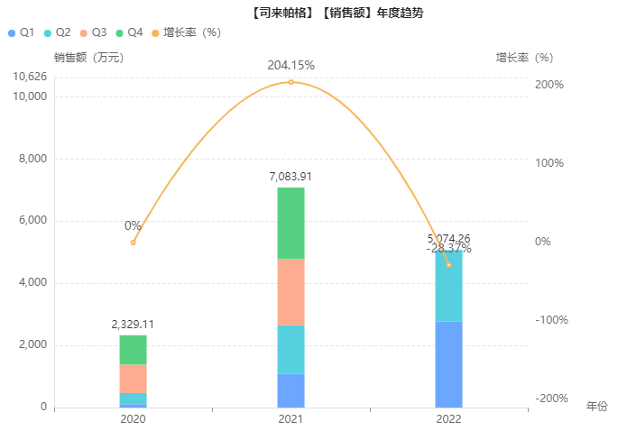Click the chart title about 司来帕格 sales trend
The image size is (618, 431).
point(337,14)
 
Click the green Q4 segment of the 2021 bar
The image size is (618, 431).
point(291,223)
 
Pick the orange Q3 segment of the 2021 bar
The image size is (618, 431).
point(291,292)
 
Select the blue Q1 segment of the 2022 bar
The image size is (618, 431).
point(448,364)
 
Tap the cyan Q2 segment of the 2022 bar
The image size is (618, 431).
point(448,286)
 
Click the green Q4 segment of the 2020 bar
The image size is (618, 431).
point(133,350)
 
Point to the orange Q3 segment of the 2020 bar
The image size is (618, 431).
point(133,378)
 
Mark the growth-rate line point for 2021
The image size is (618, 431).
point(291,82)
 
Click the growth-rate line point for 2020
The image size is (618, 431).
point(133,242)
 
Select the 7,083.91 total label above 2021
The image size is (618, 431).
point(291,177)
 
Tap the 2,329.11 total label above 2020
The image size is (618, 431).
point(133,325)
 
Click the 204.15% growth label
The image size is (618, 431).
point(291,65)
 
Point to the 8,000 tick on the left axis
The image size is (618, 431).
point(32,159)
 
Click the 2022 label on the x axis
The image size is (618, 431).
point(448,420)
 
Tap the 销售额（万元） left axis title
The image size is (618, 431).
point(88,58)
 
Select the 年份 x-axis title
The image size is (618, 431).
point(597,407)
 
